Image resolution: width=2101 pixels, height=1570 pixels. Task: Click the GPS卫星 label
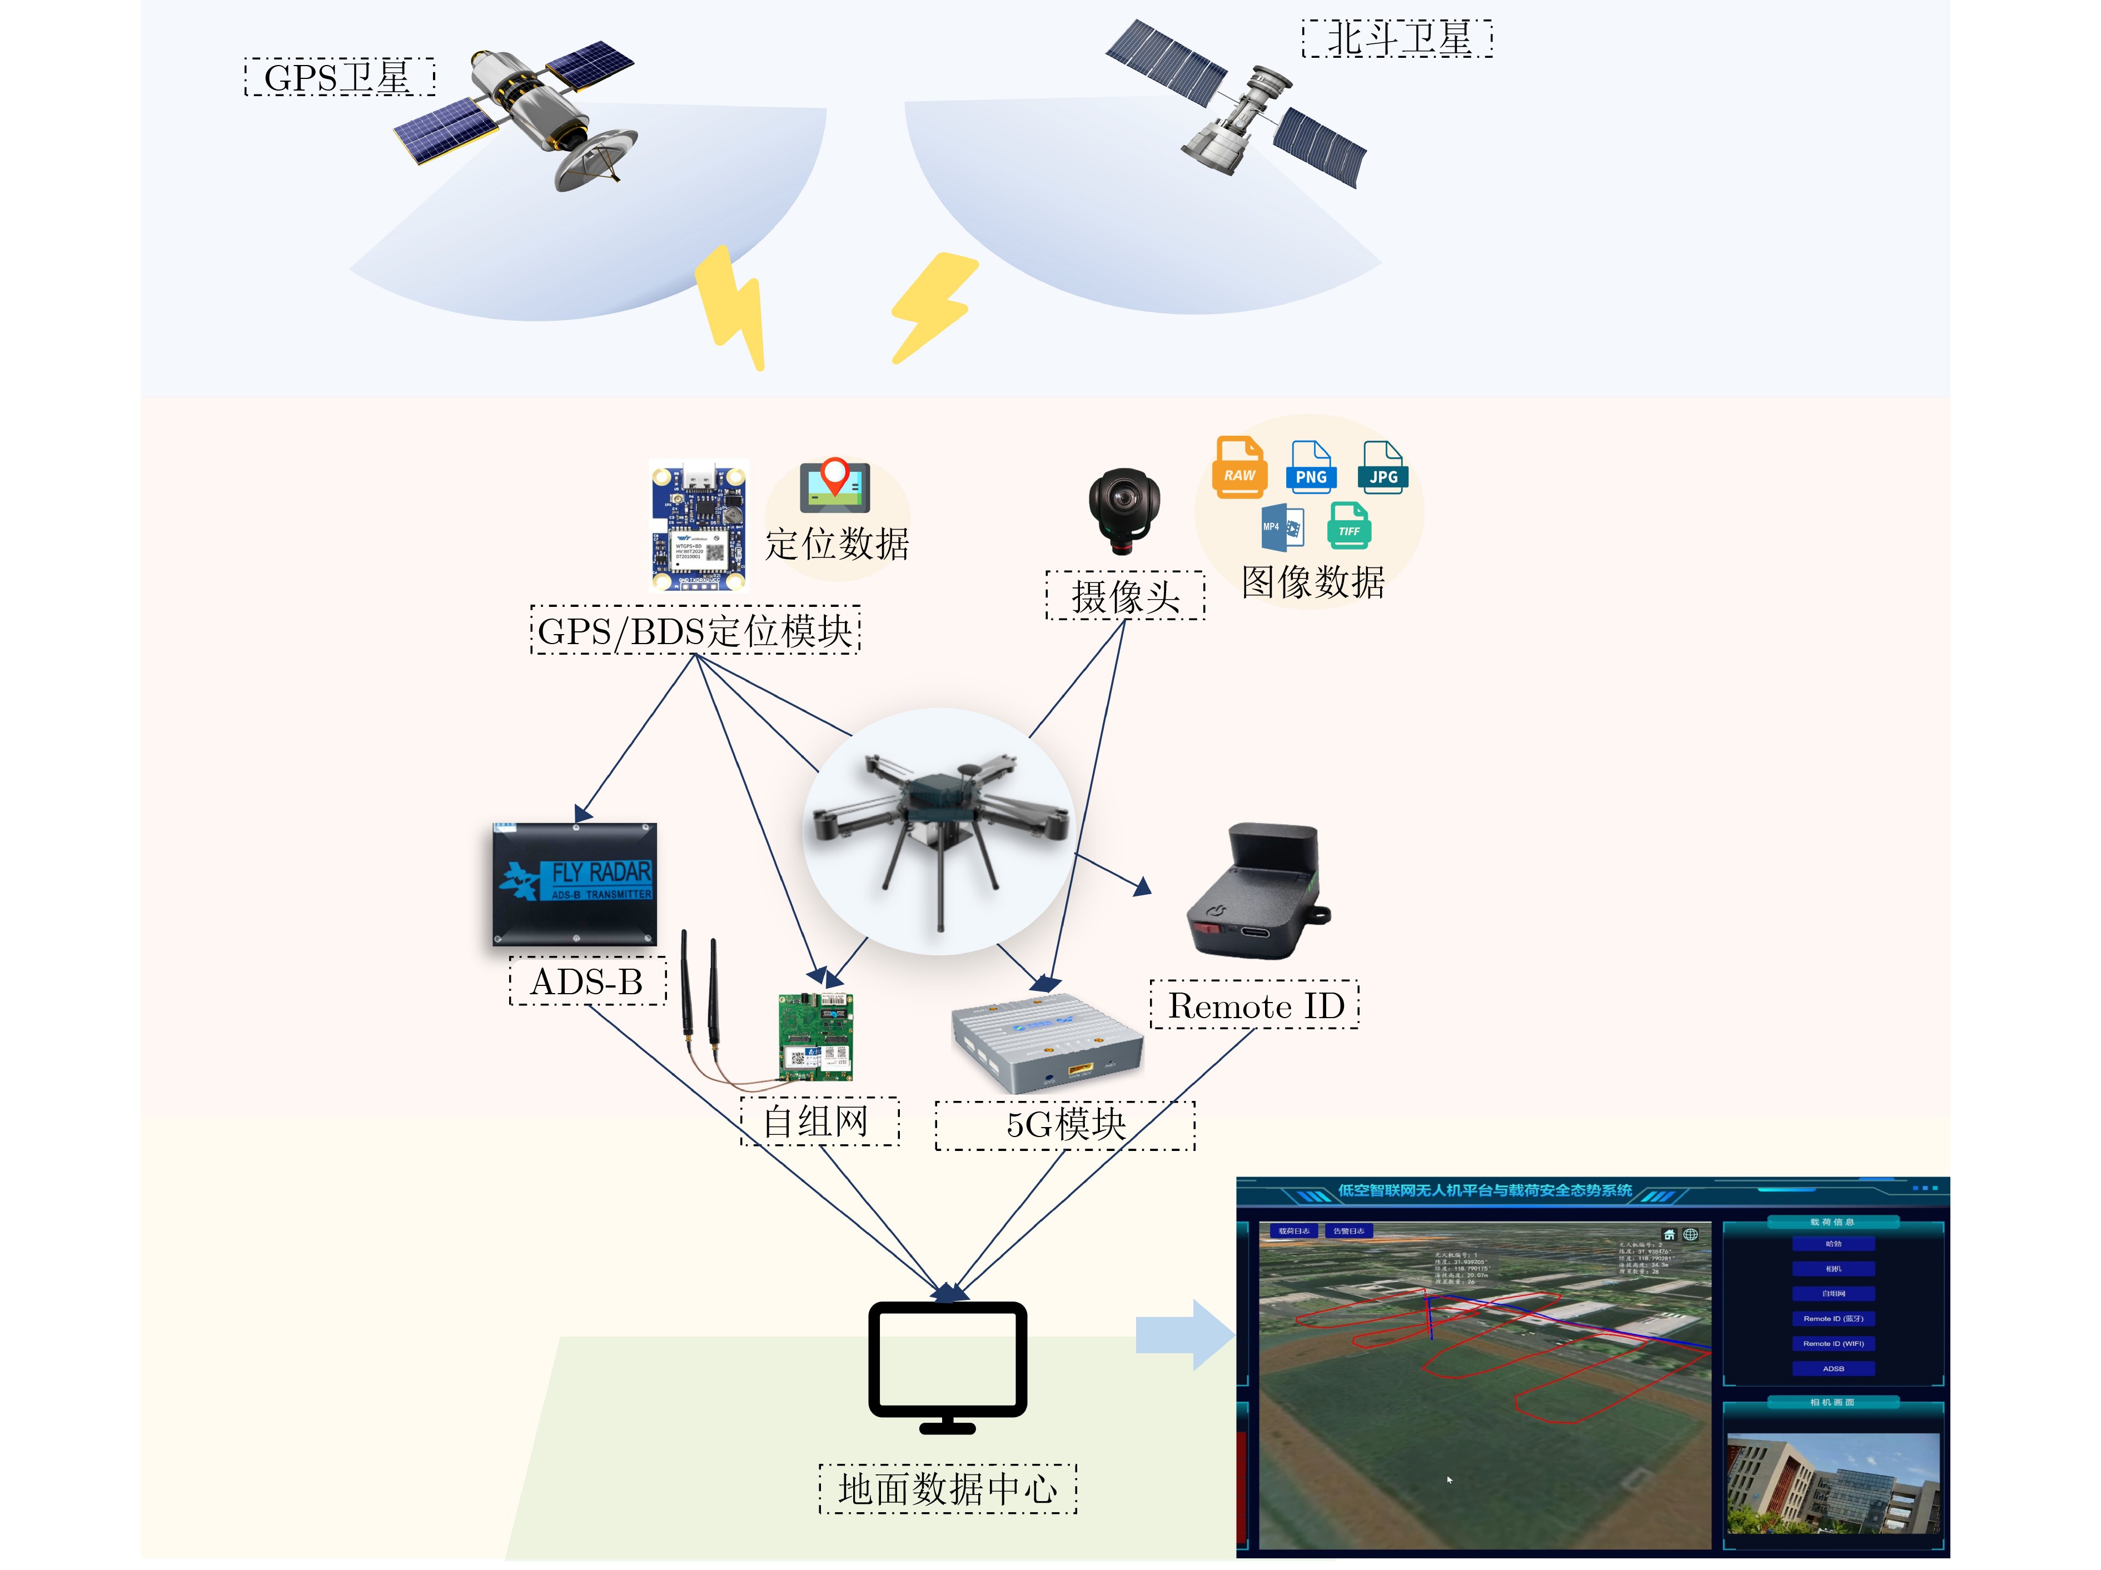click(339, 77)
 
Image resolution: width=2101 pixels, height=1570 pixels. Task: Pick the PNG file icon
click(1311, 467)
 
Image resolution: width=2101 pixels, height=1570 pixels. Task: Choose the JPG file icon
click(1383, 467)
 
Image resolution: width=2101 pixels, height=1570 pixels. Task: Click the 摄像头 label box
click(1126, 596)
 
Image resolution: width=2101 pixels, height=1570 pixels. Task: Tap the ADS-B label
click(587, 981)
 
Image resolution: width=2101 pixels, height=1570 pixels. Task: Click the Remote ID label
click(1254, 1005)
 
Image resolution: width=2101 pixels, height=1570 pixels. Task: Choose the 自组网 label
click(819, 1122)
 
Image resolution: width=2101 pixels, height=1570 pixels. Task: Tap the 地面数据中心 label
click(948, 1488)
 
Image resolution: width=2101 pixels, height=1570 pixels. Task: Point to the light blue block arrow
click(1183, 1334)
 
